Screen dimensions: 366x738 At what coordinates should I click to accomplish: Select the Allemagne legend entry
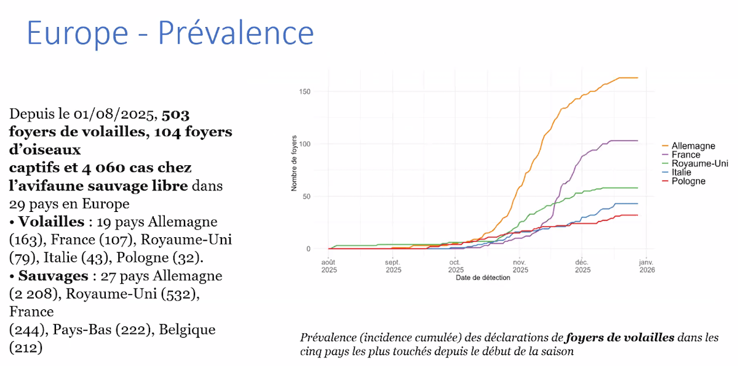(693, 146)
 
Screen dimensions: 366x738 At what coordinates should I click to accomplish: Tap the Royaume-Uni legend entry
(699, 164)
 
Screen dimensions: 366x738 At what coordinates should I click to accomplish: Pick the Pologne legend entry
(688, 181)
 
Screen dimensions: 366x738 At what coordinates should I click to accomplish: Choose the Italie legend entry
(681, 173)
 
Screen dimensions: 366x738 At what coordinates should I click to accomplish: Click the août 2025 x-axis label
(329, 266)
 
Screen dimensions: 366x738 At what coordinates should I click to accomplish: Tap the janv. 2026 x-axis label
(646, 266)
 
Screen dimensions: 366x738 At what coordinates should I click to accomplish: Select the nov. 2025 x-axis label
(520, 266)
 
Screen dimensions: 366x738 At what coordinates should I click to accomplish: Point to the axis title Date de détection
(483, 278)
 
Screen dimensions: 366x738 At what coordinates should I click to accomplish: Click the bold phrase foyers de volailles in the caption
(620, 338)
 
